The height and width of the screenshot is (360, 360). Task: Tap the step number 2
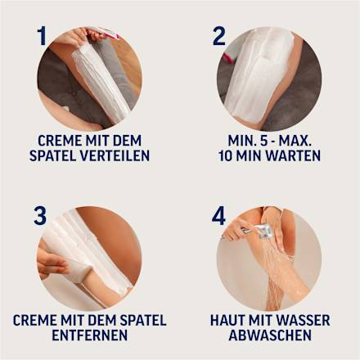click(219, 36)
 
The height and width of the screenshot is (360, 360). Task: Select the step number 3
click(40, 215)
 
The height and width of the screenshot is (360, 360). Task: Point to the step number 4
click(219, 215)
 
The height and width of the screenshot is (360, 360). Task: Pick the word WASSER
click(301, 319)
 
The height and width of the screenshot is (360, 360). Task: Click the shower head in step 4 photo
click(260, 231)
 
